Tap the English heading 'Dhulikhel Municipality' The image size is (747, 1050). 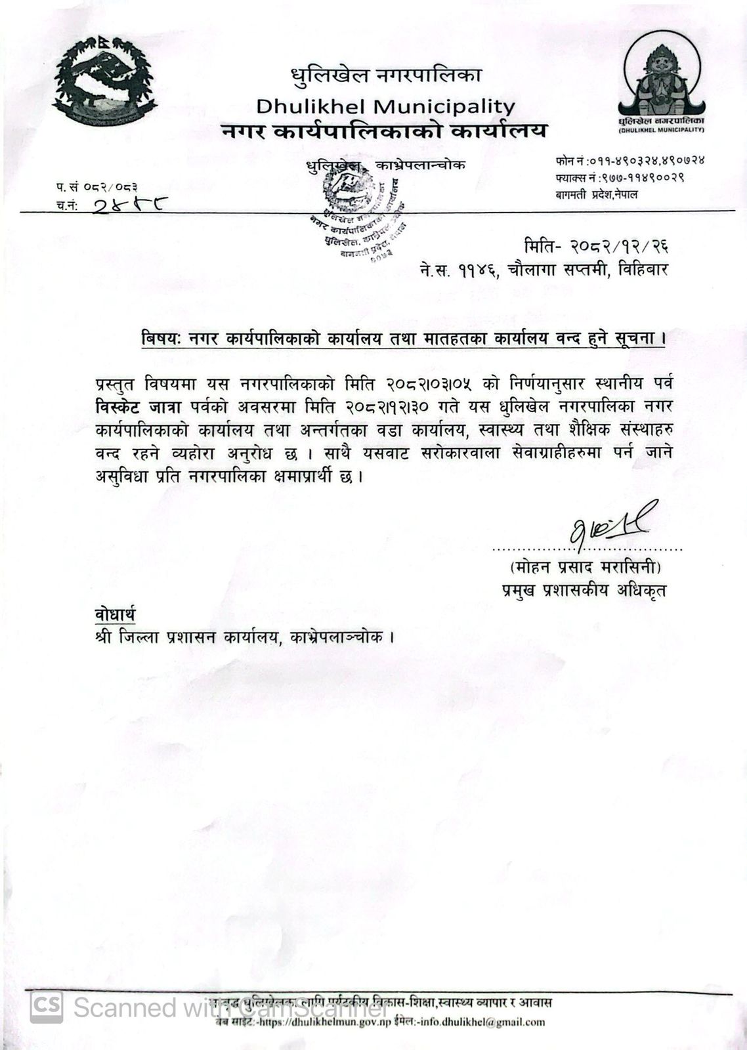[385, 106]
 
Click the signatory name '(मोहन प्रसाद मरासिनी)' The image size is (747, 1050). [586, 566]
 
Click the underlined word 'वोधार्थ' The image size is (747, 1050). [115, 614]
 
